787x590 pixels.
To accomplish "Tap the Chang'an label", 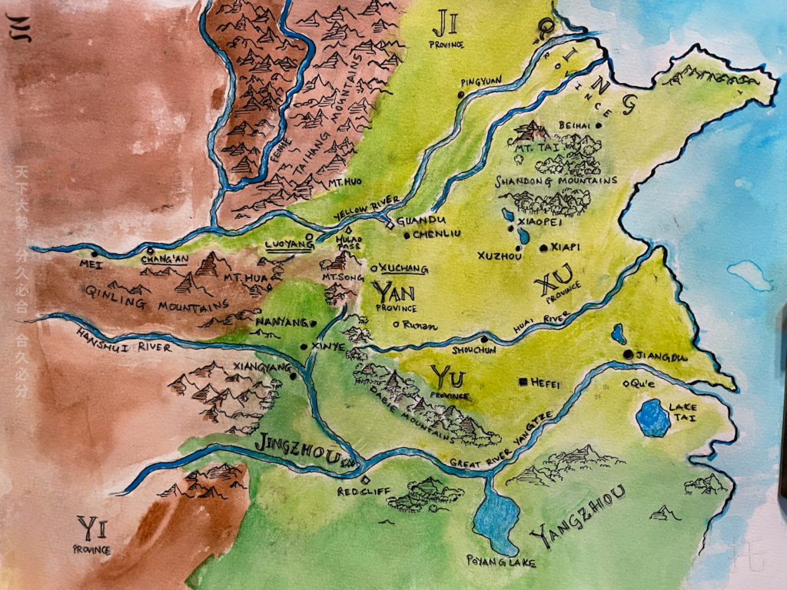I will pyautogui.click(x=164, y=260).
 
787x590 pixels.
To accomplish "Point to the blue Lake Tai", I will pyautogui.click(x=653, y=419).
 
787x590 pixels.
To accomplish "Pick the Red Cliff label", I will pyautogui.click(x=358, y=490).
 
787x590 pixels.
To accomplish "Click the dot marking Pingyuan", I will pyautogui.click(x=460, y=94).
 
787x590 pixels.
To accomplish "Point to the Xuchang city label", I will pyautogui.click(x=404, y=270).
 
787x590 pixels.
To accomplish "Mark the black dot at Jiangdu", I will pyautogui.click(x=629, y=354).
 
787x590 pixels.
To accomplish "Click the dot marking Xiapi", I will pyautogui.click(x=543, y=248).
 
